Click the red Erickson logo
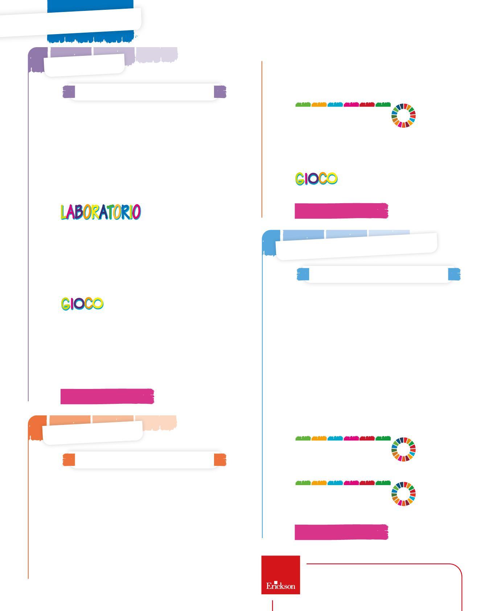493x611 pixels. point(280,575)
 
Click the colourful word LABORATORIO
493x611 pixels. point(100,212)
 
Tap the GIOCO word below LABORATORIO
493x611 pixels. point(82,304)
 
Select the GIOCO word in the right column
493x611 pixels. point(316,179)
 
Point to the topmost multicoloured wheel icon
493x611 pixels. point(403,116)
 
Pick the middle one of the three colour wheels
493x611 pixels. point(403,450)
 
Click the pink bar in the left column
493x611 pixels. point(107,396)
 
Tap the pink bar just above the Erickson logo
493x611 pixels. point(341,532)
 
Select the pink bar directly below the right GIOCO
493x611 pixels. point(341,211)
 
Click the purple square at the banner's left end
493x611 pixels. point(69,92)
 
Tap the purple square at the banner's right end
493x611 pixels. point(220,92)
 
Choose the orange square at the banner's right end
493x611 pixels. point(220,460)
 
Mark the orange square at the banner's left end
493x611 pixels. point(69,460)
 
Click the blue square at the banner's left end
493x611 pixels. point(303,274)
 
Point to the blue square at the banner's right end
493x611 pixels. point(454,274)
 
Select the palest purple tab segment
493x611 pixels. point(157,54)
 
